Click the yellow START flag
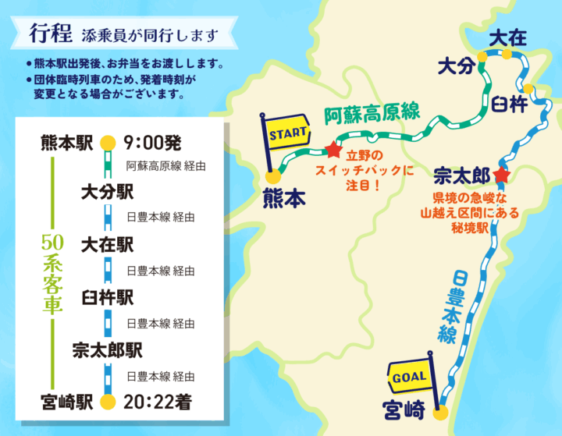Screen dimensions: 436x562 (287, 133)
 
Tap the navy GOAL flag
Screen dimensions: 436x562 (409, 377)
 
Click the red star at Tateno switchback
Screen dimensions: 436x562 (334, 148)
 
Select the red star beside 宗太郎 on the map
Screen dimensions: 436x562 (501, 175)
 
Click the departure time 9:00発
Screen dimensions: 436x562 (153, 143)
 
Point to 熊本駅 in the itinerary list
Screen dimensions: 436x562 (67, 143)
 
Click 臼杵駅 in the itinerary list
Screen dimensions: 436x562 (108, 297)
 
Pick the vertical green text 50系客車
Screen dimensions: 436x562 (52, 273)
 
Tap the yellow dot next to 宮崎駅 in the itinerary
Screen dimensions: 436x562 (108, 402)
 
